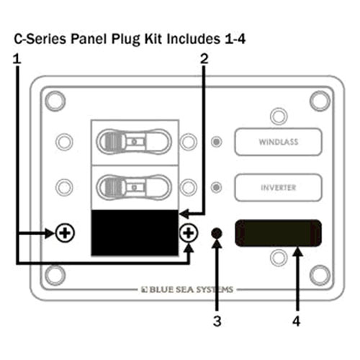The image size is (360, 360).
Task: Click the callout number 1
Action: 17,59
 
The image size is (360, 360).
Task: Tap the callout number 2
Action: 204,59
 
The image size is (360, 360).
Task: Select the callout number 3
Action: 217,321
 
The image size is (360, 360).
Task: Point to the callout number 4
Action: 296,321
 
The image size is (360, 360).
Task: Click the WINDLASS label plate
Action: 279,142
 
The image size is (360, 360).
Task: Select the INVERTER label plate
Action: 279,187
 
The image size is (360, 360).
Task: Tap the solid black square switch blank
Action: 135,233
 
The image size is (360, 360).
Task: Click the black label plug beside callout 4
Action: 278,233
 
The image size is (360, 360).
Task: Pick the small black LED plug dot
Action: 217,233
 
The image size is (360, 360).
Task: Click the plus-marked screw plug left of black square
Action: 65,233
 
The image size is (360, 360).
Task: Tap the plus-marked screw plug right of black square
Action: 189,233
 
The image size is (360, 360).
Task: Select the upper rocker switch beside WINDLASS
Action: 134,142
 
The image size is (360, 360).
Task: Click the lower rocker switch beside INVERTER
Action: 134,187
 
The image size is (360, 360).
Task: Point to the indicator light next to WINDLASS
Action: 217,142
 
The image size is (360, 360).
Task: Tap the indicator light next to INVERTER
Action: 217,187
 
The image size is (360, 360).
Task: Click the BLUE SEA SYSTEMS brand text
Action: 187,289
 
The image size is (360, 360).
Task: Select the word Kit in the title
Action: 153,39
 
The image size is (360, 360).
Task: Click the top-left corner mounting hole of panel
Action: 55,101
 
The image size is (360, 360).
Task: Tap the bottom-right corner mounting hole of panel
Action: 320,275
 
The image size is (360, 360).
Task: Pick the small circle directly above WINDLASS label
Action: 279,117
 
